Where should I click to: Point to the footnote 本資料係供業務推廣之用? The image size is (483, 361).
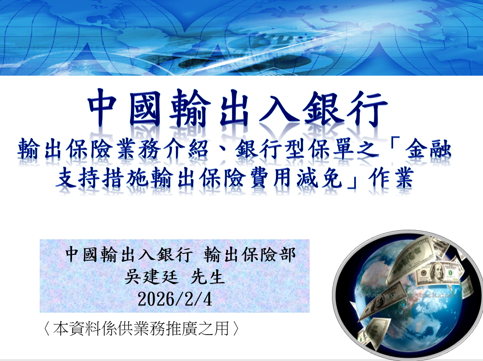141,329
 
